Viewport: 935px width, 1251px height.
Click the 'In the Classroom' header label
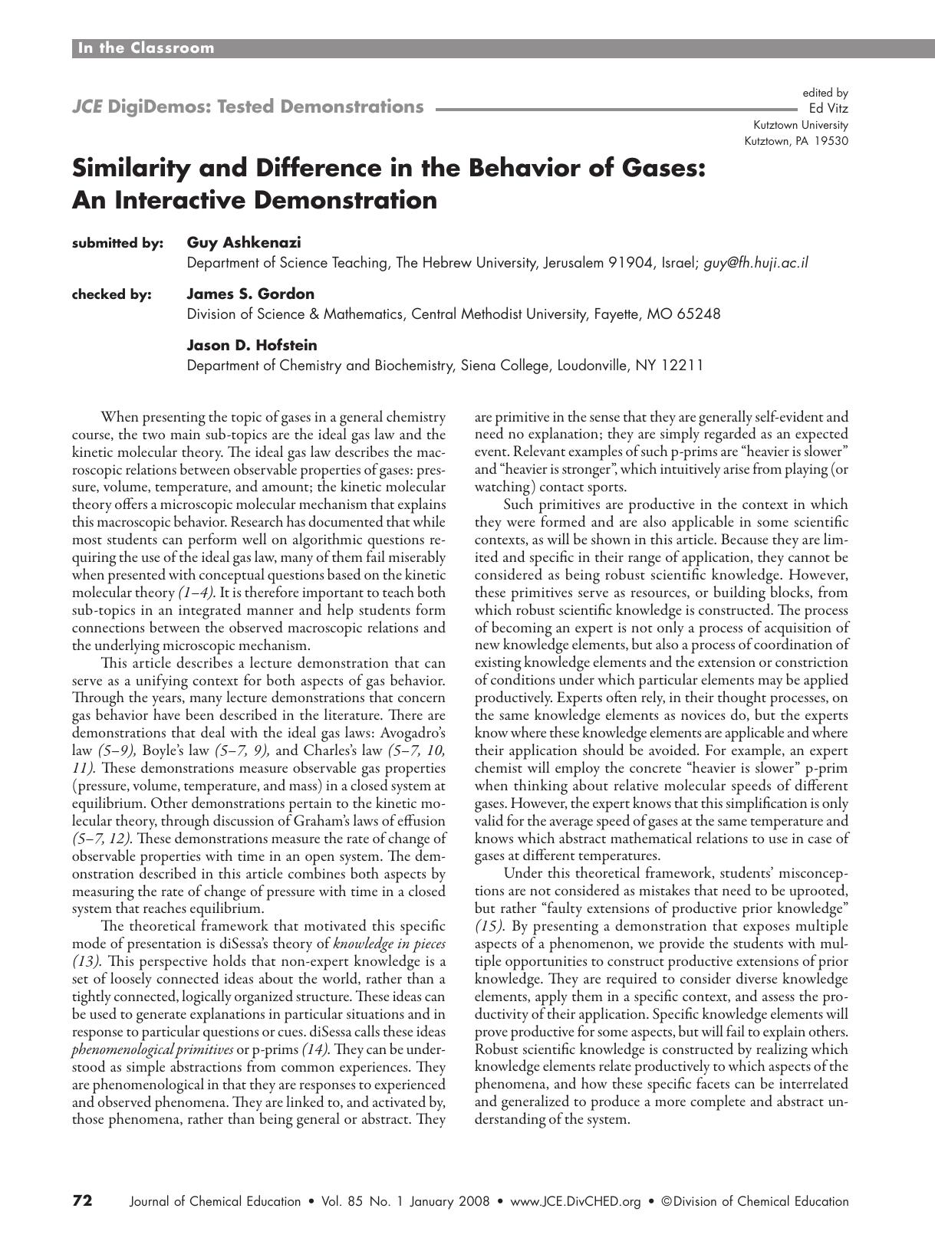[x=146, y=48]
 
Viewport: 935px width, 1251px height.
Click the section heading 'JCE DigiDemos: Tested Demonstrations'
[x=247, y=107]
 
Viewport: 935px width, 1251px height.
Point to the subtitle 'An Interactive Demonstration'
[x=254, y=200]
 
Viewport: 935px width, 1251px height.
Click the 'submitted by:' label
[x=117, y=244]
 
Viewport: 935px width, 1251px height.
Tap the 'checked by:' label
[x=111, y=294]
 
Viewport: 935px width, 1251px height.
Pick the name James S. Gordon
[x=251, y=294]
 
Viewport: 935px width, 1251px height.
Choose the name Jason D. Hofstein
[x=252, y=346]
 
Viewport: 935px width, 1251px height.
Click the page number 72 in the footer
[x=83, y=1200]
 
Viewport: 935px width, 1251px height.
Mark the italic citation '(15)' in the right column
[x=489, y=926]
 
